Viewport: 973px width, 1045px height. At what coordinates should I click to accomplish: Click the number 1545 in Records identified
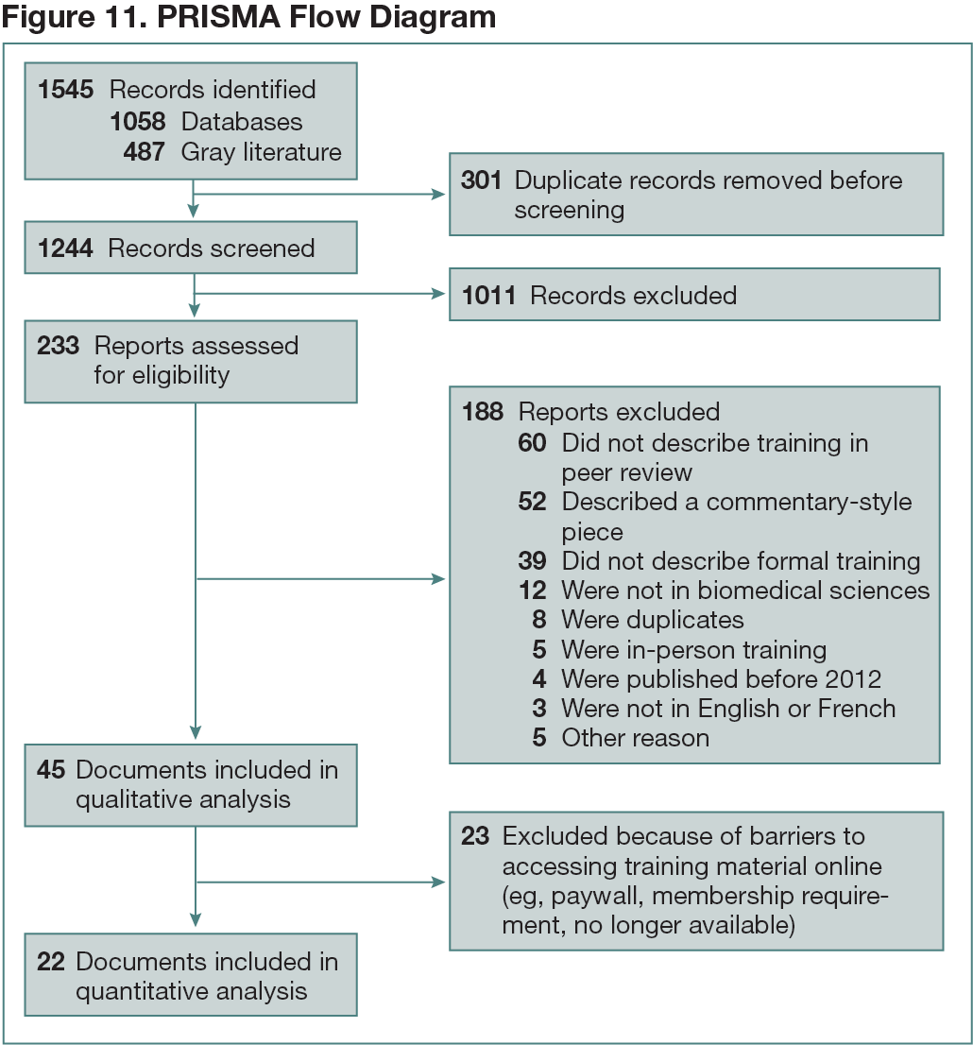point(66,91)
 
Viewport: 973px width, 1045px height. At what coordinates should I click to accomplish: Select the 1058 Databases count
point(138,122)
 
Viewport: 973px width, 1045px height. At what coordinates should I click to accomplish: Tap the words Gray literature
point(261,152)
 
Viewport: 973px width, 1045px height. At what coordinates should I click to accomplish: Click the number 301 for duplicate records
point(481,180)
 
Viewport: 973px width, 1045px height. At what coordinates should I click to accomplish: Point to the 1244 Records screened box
point(191,248)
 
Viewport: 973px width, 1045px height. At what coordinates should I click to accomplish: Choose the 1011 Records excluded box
point(694,295)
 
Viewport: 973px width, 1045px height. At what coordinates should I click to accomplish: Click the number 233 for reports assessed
point(58,346)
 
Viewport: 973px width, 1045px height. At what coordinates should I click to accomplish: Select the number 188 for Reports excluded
point(484,412)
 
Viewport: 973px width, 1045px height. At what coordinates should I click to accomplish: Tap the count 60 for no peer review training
point(532,443)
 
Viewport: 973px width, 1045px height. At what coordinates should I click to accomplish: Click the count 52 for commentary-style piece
point(532,502)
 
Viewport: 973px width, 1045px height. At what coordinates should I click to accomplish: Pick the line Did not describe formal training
point(741,561)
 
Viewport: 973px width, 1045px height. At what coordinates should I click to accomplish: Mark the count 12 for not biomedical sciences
point(532,591)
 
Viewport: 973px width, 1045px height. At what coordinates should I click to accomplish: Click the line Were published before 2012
point(721,678)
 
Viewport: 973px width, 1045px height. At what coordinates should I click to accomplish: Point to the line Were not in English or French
point(728,708)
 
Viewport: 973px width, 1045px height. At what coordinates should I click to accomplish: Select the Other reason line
point(635,737)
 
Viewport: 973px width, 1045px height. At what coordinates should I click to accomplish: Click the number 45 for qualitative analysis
point(51,770)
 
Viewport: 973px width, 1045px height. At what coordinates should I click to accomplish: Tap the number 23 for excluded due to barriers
point(475,836)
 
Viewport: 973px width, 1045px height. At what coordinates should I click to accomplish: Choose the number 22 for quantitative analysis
point(51,962)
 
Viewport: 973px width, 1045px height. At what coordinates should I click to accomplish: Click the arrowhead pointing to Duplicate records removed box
point(438,195)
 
